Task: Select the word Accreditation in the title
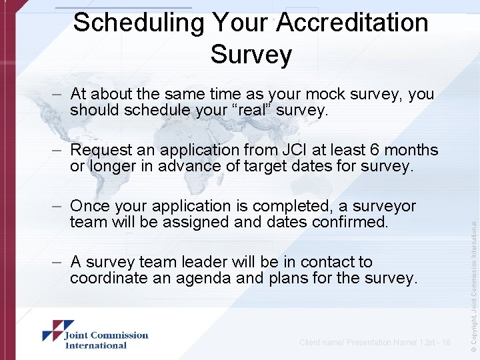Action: coord(352,23)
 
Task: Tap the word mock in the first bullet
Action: coord(303,94)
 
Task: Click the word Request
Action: coord(105,150)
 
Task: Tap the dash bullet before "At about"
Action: coord(58,94)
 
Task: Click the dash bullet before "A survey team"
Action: coord(58,262)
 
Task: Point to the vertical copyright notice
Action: coord(472,273)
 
